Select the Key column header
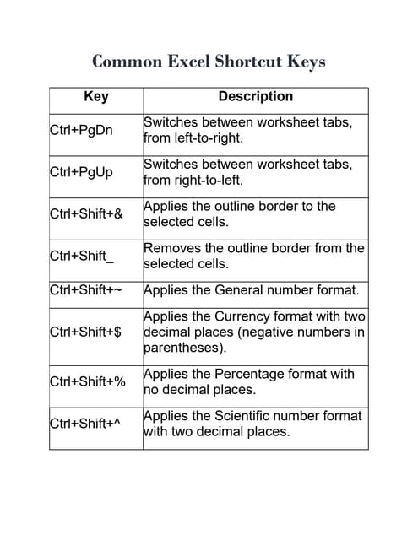(96, 97)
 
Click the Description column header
(255, 97)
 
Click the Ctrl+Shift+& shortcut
(86, 214)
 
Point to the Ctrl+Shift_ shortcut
(82, 256)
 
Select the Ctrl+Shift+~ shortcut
(86, 291)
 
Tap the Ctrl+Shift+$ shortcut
(85, 332)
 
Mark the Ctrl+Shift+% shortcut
(88, 381)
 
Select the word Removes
(171, 248)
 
